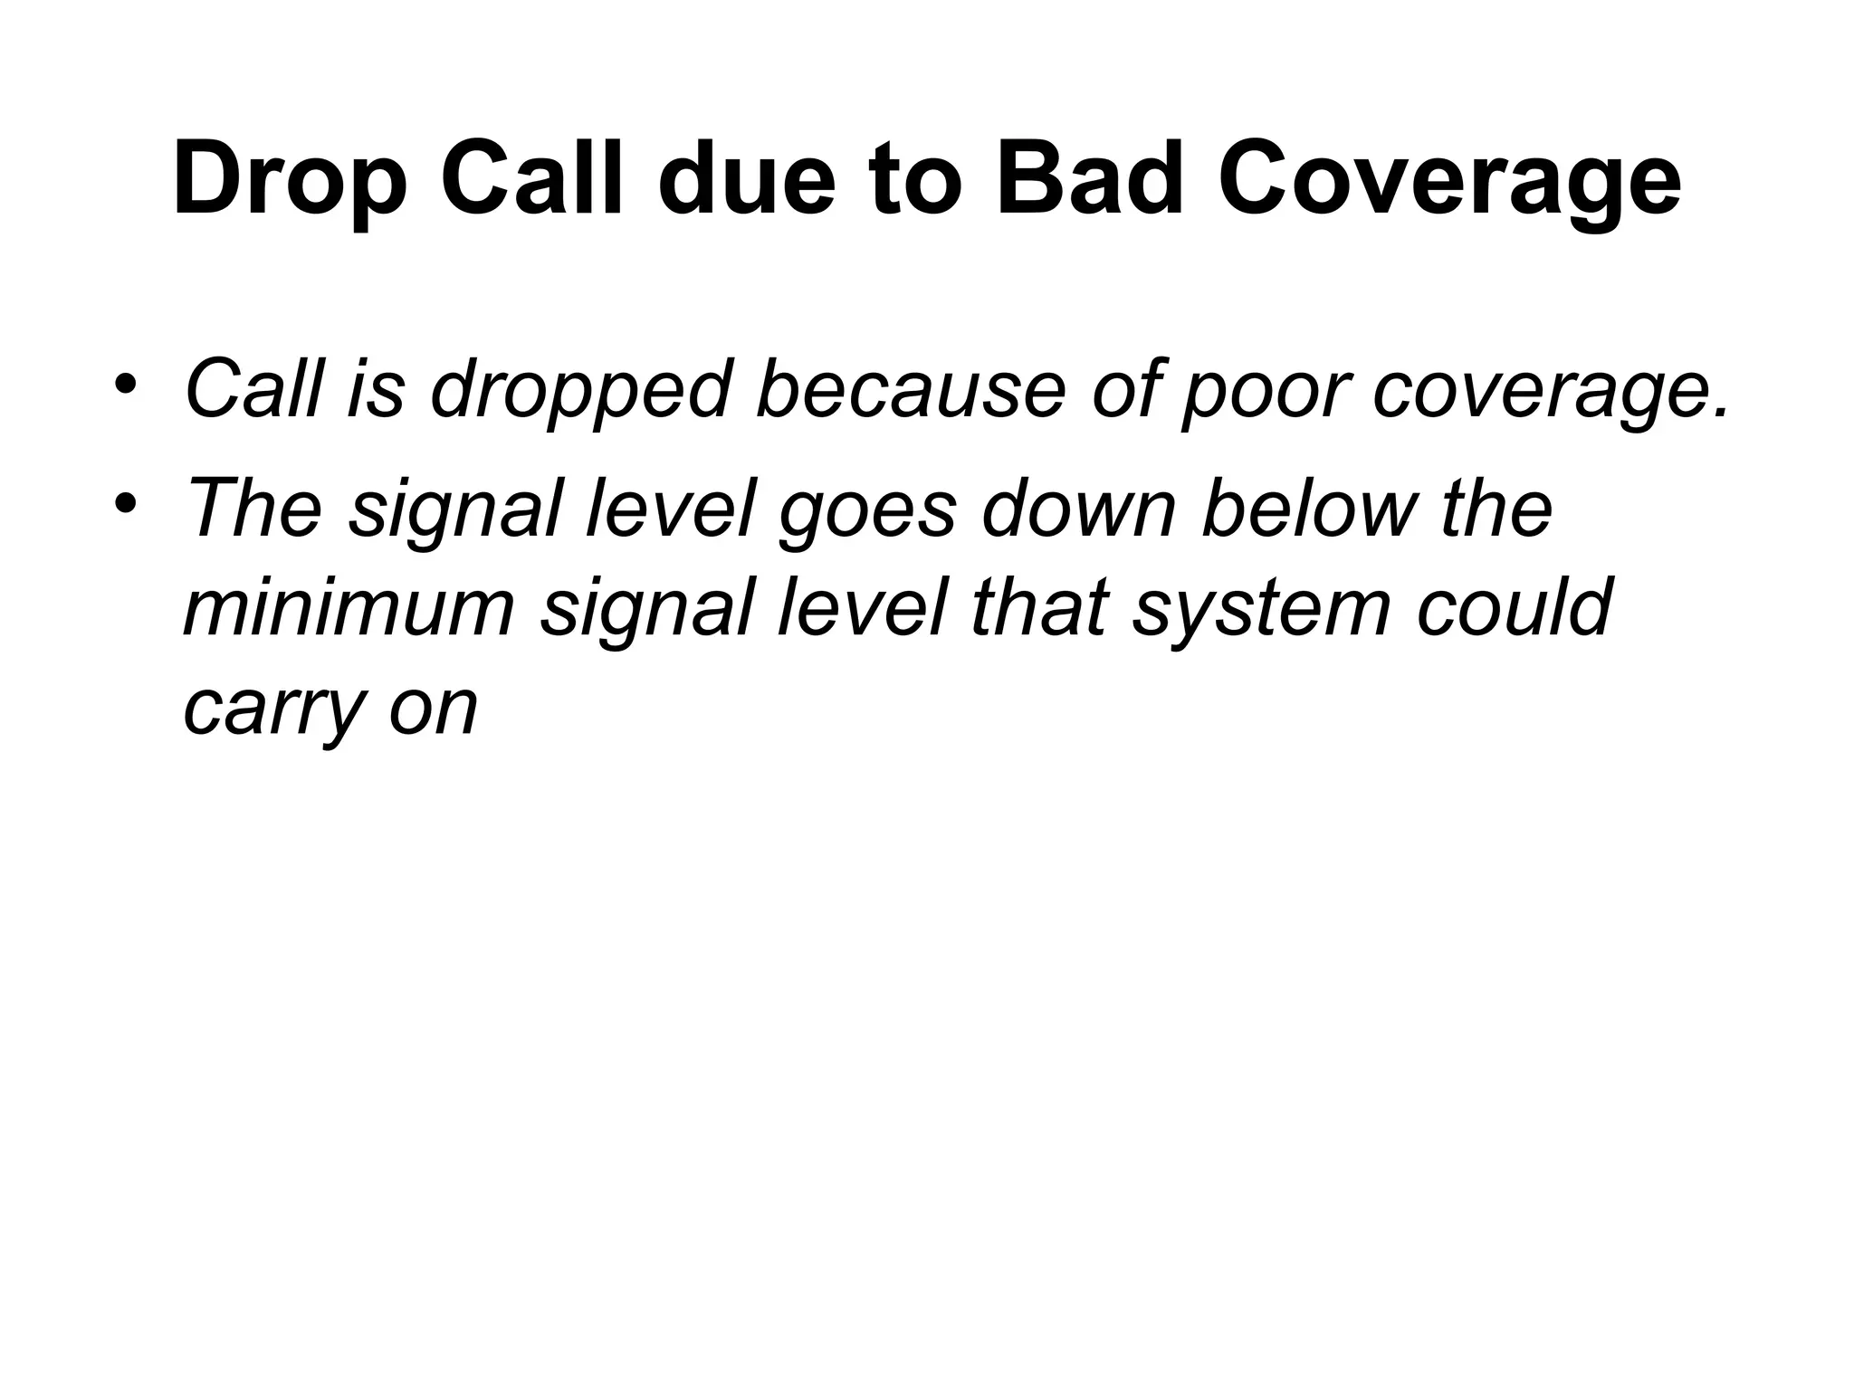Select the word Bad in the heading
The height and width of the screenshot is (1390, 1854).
(x=1090, y=178)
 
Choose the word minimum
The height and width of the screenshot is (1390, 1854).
(x=349, y=607)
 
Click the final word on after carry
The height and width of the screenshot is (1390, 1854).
(x=433, y=708)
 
